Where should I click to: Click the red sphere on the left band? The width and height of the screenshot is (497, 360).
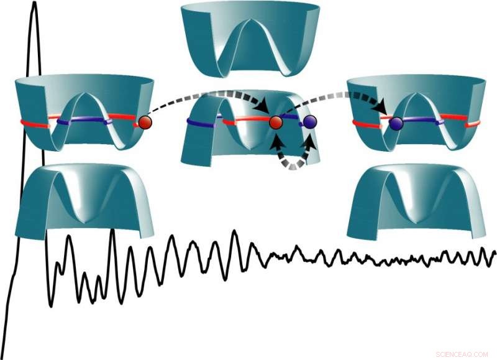tap(145, 122)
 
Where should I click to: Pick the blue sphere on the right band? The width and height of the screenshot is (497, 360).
tap(396, 124)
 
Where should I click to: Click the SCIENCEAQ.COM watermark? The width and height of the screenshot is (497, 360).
tap(463, 353)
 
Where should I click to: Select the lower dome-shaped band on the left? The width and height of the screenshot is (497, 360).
tap(84, 199)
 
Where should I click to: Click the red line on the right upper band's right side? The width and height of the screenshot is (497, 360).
tap(463, 123)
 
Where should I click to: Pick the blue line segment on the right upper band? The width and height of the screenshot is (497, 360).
tap(422, 122)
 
